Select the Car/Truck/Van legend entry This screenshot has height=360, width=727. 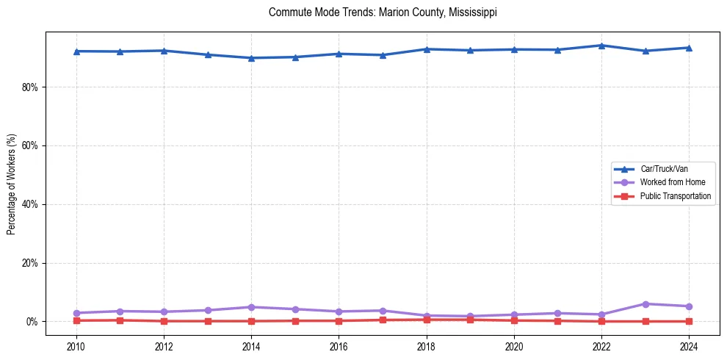[x=663, y=169]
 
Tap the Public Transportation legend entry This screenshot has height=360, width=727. [x=675, y=196]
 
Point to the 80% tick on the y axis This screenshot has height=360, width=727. [x=30, y=87]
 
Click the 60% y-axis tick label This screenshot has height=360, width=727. [x=30, y=145]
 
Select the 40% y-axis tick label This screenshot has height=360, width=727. [x=30, y=204]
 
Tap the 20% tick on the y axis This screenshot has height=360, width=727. [x=30, y=263]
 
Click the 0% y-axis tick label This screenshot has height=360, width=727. [x=32, y=322]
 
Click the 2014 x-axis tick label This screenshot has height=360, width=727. [x=252, y=346]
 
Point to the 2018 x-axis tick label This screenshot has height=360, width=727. [x=427, y=346]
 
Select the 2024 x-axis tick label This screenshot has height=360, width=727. [x=690, y=346]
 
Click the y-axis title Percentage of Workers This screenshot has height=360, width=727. [x=12, y=184]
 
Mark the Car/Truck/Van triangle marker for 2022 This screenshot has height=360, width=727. [x=602, y=46]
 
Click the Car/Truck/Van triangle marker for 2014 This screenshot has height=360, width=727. [x=252, y=58]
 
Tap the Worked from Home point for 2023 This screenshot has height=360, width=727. [x=645, y=304]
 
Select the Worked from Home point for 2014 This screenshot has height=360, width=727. [x=252, y=307]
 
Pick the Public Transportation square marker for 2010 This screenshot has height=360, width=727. [x=76, y=320]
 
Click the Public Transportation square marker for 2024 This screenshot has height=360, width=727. [x=690, y=321]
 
